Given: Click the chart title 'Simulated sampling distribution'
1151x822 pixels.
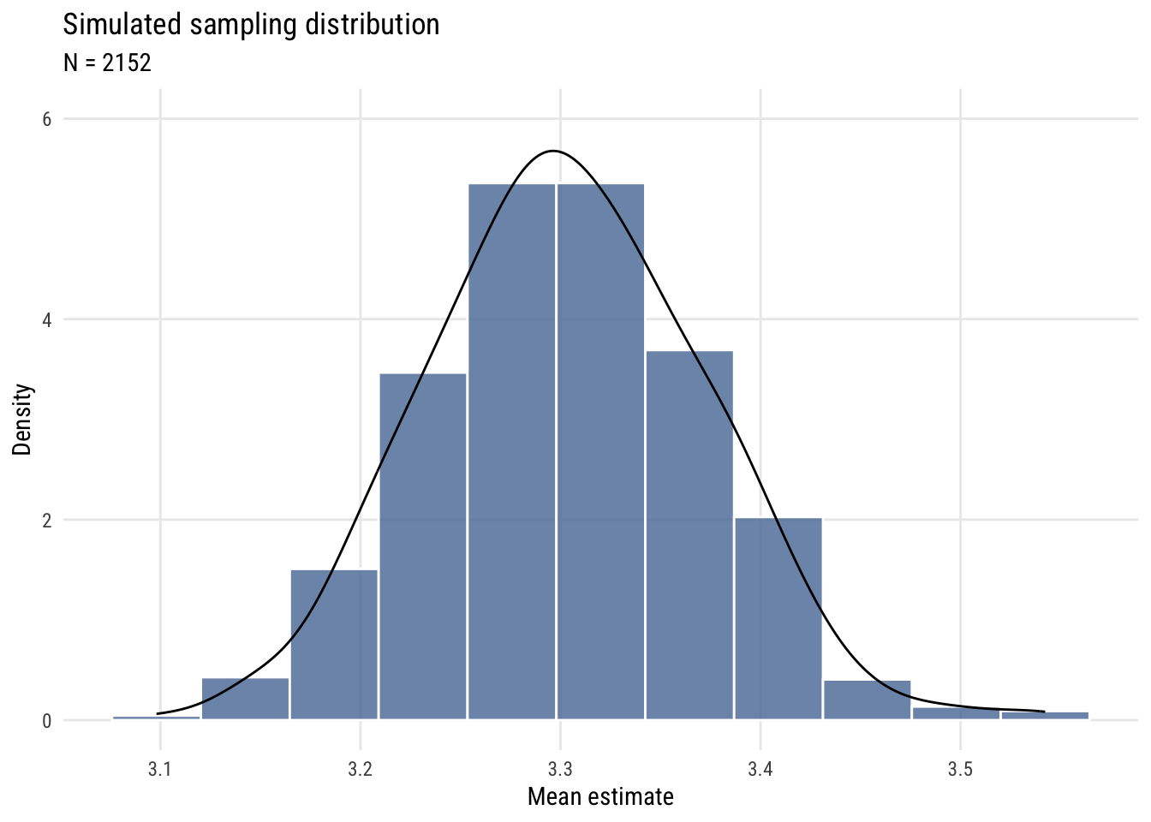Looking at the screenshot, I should click(251, 25).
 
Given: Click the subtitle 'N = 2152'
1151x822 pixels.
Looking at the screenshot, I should click(107, 63).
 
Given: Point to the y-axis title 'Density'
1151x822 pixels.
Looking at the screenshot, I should click(22, 420).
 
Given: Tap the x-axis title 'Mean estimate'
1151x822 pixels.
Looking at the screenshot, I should click(600, 797).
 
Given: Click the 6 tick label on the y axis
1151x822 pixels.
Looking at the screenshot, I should click(47, 119).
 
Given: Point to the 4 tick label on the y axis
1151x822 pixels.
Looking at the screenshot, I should click(47, 320).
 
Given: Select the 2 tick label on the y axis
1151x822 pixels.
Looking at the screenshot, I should click(47, 521).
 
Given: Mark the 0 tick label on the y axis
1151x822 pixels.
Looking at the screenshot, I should click(47, 721).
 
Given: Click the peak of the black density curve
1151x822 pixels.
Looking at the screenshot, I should click(553, 151).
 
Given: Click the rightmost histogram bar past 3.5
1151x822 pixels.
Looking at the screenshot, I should click(1045, 715).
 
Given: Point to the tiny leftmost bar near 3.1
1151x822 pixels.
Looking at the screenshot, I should click(156, 718).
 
